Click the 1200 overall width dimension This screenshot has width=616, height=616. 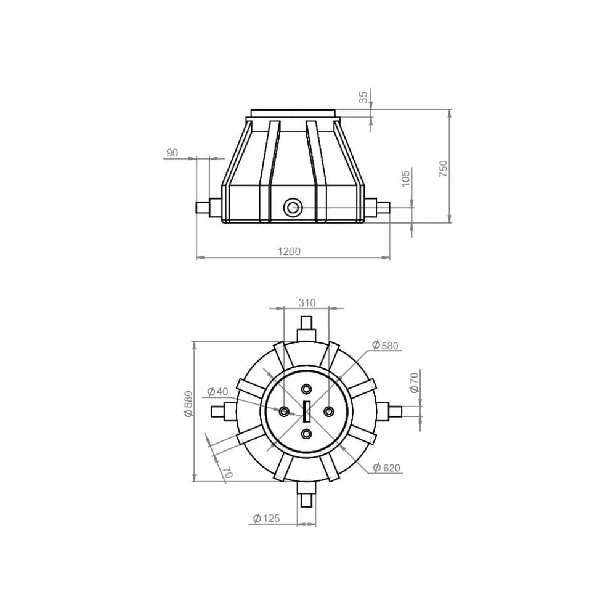coord(289,251)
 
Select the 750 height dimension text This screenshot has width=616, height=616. coord(443,168)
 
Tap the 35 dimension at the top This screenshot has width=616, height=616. coord(364,97)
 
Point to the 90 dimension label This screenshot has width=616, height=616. coord(172,153)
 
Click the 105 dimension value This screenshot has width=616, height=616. coord(406,177)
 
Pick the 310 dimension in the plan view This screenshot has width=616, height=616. coord(307,302)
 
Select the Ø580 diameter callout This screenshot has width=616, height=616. coord(385,346)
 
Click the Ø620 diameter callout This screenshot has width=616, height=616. coord(387,468)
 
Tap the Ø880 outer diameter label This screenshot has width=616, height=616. coord(188,403)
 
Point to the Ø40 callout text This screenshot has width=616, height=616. coord(217,391)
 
